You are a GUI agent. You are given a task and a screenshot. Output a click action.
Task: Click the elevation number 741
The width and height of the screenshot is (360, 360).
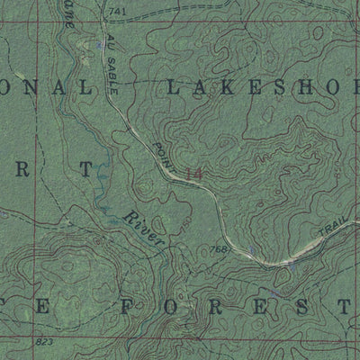[115, 9]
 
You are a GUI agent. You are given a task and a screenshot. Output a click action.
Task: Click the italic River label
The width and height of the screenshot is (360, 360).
[144, 229]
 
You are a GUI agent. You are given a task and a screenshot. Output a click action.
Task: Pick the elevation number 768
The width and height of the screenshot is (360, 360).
[217, 249]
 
